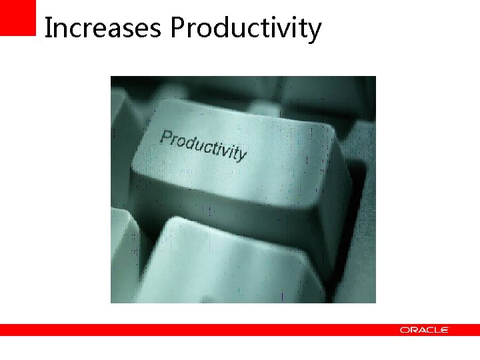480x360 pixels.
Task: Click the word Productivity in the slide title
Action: tap(245, 29)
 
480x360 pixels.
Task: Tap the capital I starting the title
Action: tap(47, 28)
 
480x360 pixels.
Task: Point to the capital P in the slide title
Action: tap(177, 28)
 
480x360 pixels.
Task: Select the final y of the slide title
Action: tap(315, 32)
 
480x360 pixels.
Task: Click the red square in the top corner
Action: tap(17, 17)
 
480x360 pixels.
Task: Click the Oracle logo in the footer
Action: tap(425, 330)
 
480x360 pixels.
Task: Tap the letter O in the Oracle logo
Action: tap(405, 330)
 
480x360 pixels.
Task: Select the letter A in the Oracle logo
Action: tap(421, 330)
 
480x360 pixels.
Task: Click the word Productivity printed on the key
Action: tap(203, 145)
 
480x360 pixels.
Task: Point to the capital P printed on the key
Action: tap(165, 138)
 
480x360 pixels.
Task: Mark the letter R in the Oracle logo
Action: tap(413, 330)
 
